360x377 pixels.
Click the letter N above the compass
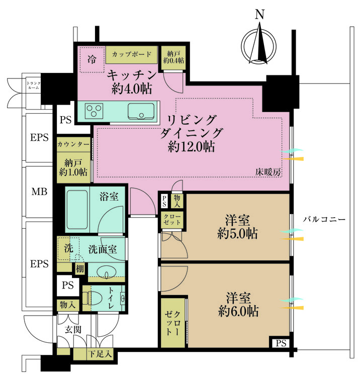pos(259,15)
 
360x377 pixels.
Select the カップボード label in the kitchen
pos(132,53)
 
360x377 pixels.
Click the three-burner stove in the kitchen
pos(94,110)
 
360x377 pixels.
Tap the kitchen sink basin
pos(141,110)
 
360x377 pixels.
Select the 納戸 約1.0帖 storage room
pos(73,167)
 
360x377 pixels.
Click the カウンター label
pos(73,144)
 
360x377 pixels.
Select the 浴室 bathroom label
pos(109,197)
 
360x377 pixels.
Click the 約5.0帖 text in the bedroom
pos(239,233)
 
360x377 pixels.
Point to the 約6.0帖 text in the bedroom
pos(239,311)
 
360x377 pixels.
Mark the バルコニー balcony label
pos(324,220)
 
